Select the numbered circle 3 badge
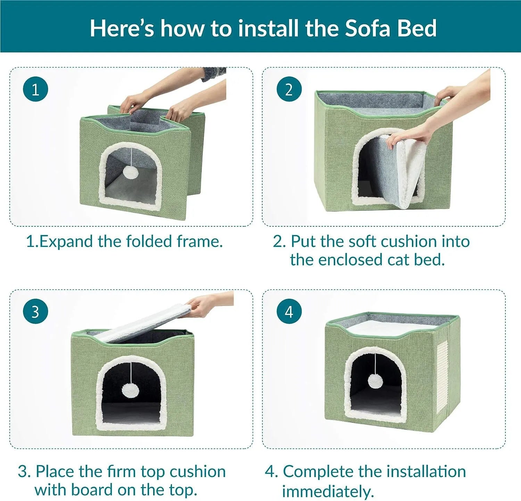35,312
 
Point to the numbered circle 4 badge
289,312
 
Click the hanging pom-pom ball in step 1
131,172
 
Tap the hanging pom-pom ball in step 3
130,390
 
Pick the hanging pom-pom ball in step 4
376,381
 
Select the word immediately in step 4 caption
328,491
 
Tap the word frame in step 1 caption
199,242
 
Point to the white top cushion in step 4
391,328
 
